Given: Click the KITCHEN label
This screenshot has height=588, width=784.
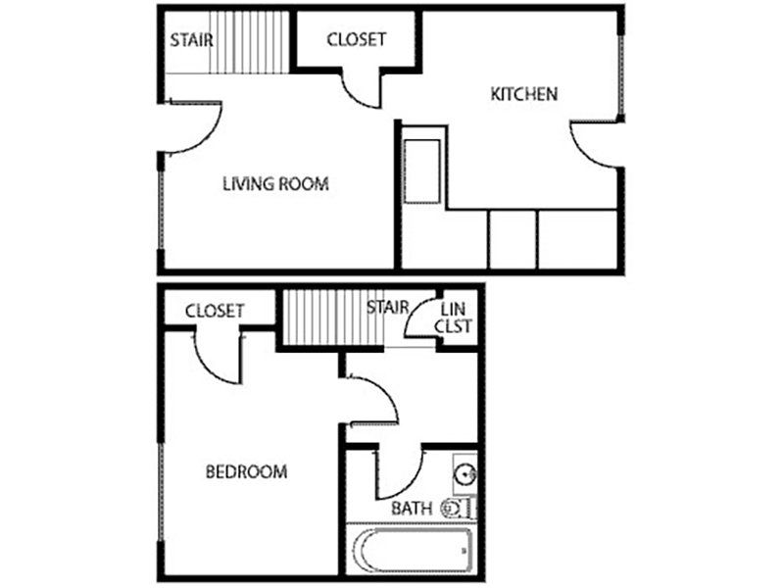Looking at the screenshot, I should click(524, 95).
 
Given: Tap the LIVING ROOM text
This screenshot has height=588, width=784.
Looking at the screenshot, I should click(274, 183).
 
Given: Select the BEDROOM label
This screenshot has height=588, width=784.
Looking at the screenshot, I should click(246, 472).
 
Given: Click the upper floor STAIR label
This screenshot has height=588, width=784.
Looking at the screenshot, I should click(192, 41).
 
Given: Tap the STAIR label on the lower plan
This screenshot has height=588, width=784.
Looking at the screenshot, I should click(388, 308).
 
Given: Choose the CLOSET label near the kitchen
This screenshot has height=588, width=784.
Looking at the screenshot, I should click(356, 40).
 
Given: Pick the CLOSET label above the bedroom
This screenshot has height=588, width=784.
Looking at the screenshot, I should click(215, 312).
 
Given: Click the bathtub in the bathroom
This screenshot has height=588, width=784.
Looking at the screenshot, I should click(413, 552).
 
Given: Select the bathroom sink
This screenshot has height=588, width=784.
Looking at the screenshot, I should click(465, 475).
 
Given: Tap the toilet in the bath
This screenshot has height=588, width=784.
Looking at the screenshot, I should click(459, 509).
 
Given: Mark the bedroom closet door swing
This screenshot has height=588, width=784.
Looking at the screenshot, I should click(218, 358).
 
